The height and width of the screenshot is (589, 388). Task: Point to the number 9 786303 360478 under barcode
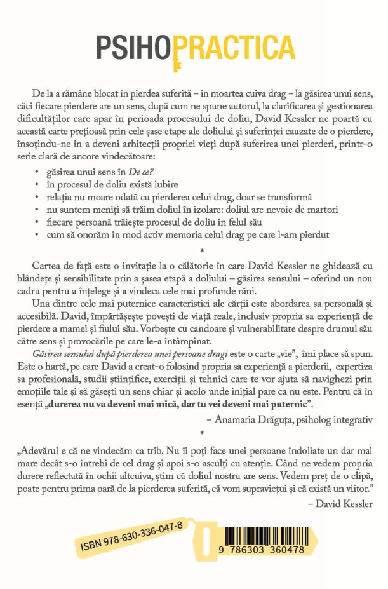[x=262, y=548]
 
